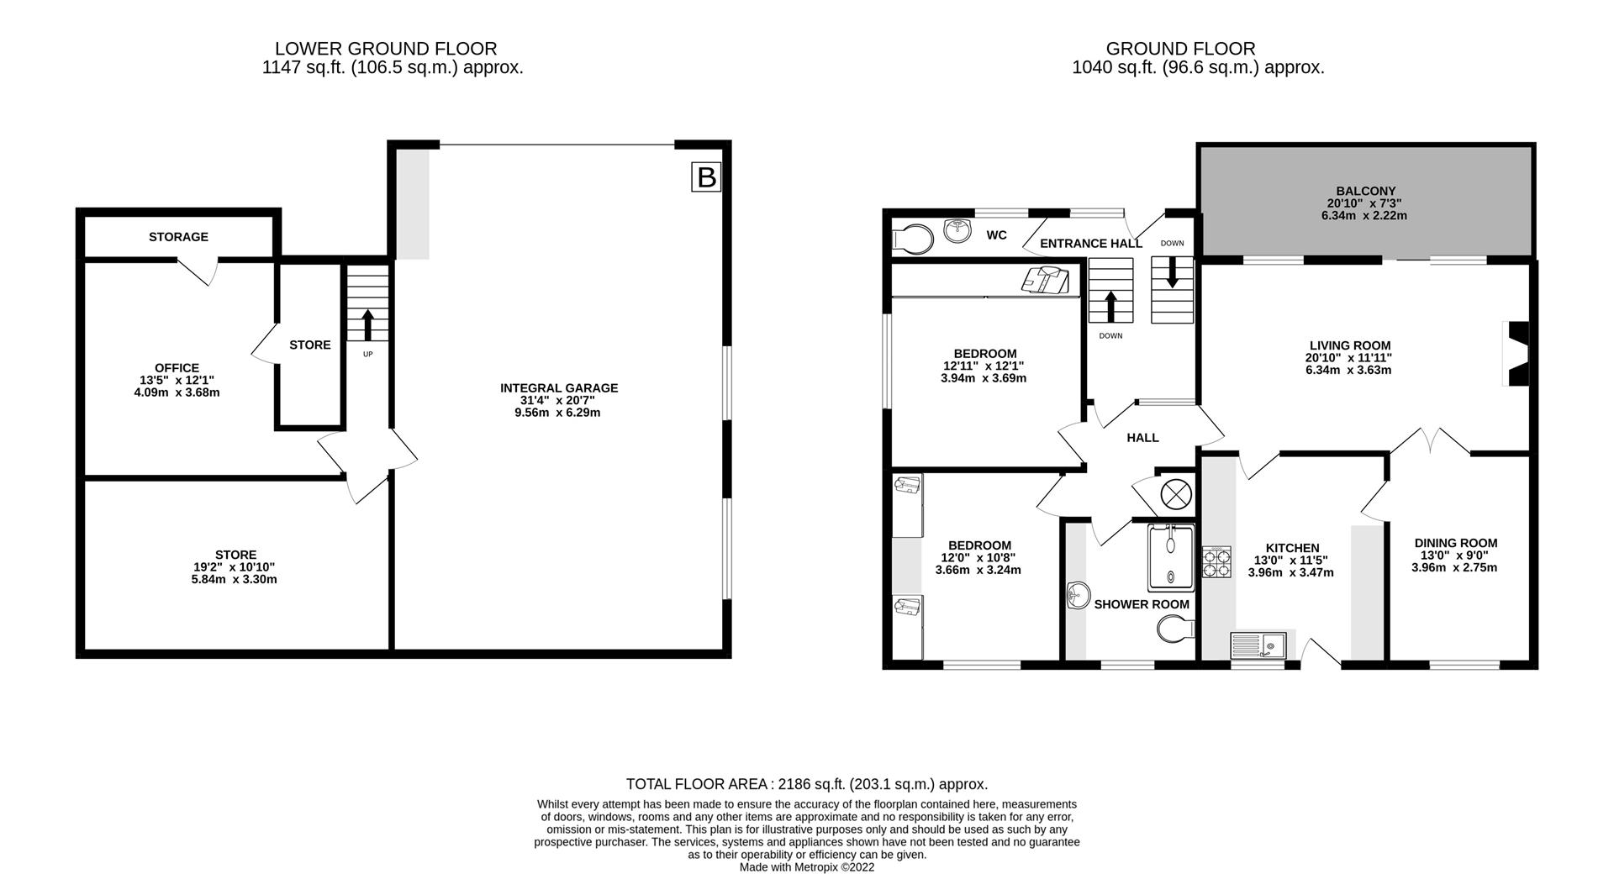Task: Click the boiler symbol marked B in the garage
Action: click(706, 178)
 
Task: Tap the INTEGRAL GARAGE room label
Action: click(559, 388)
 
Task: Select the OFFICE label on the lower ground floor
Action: click(177, 368)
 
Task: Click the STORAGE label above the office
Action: click(178, 237)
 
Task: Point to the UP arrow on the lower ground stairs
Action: click(367, 324)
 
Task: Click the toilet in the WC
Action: click(913, 239)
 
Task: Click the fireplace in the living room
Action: click(1516, 354)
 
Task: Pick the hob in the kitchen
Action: click(1216, 561)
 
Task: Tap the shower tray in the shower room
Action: click(1170, 558)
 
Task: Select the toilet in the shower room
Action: click(1175, 629)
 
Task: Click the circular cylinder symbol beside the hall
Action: click(1174, 493)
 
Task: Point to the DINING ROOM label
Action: click(1455, 543)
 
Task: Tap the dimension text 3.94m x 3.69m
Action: click(984, 378)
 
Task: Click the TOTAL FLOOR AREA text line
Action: click(806, 784)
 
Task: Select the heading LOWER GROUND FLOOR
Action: click(386, 49)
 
